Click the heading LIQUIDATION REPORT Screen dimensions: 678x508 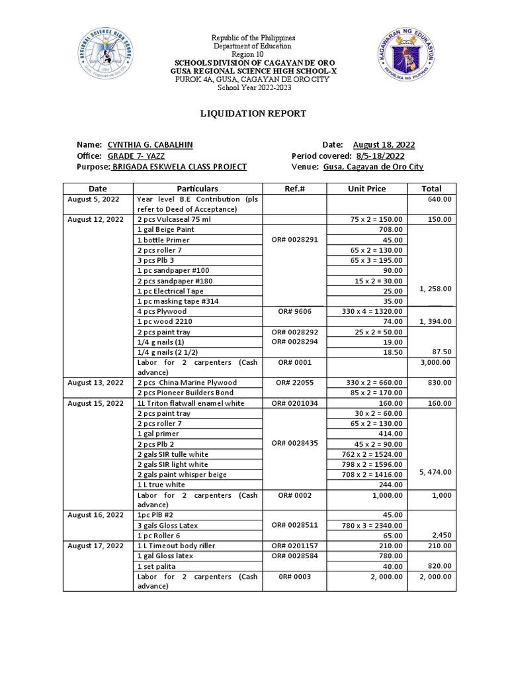[x=253, y=114]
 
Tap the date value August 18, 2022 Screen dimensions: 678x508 [x=384, y=145]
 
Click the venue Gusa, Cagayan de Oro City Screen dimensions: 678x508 [x=373, y=168]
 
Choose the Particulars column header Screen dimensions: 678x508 [x=198, y=189]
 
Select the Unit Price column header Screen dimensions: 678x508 [x=366, y=189]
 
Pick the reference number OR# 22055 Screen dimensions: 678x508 [x=294, y=383]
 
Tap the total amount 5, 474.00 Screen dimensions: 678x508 [x=436, y=473]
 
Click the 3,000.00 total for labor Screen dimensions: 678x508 [x=436, y=362]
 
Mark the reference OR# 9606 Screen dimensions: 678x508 [x=294, y=311]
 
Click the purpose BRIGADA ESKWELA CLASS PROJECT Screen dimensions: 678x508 [x=179, y=168]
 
